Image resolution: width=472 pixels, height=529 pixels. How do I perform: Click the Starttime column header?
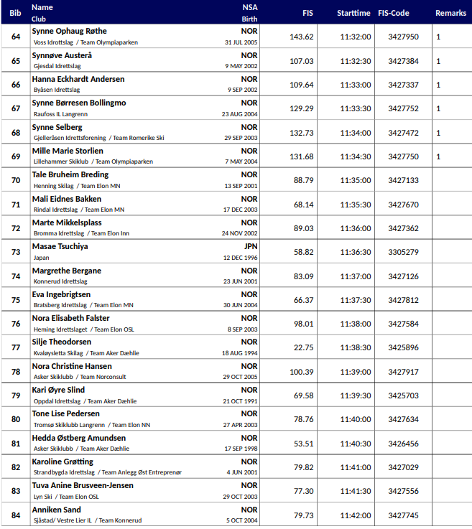click(353, 13)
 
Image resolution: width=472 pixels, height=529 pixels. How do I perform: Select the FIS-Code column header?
click(403, 13)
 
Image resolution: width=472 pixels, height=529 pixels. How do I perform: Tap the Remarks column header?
click(450, 13)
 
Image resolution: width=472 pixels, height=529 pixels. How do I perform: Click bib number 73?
click(16, 252)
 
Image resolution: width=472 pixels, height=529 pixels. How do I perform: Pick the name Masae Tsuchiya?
click(60, 246)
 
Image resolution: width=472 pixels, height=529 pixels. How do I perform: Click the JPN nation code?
click(250, 246)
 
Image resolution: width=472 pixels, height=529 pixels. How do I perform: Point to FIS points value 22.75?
click(303, 347)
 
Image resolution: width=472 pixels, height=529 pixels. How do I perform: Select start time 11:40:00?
click(356, 419)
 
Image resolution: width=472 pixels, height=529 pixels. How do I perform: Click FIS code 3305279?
click(403, 252)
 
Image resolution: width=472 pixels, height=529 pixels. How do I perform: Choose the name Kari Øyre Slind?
click(58, 390)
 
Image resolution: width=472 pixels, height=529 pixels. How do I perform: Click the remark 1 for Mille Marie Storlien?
click(438, 156)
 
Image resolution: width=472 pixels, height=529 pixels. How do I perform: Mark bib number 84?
click(16, 515)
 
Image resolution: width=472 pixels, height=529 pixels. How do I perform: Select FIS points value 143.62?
click(302, 37)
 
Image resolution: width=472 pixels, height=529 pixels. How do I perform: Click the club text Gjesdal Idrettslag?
click(57, 66)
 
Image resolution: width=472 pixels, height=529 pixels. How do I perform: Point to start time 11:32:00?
click(356, 37)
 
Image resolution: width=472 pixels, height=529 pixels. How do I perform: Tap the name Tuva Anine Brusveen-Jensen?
click(83, 486)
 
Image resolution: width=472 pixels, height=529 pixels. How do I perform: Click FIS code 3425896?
click(403, 347)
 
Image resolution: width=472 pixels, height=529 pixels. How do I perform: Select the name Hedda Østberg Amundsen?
click(79, 438)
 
